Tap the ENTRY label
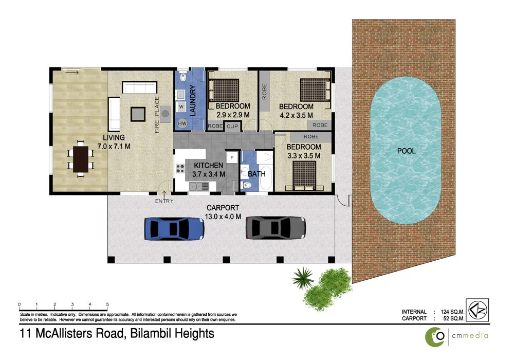click(x=164, y=201)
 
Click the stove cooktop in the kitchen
click(x=181, y=168)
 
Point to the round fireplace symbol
click(x=166, y=114)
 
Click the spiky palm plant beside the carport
click(x=303, y=278)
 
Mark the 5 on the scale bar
click(x=107, y=304)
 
